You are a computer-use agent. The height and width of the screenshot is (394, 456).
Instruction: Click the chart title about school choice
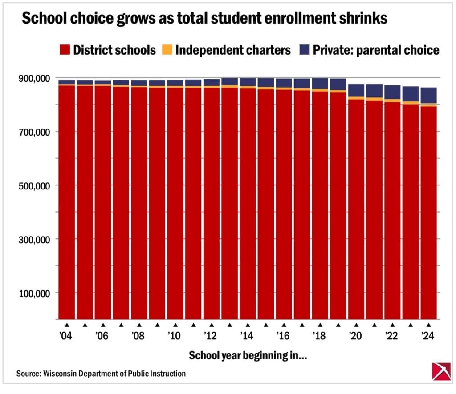click(205, 18)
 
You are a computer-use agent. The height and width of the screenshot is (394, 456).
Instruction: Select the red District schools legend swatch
click(65, 50)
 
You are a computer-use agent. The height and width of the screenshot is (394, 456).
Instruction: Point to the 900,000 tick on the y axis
click(34, 79)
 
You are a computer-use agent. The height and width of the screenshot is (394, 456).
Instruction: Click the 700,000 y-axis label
click(34, 132)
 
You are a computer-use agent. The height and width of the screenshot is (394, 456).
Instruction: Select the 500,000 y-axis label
click(34, 186)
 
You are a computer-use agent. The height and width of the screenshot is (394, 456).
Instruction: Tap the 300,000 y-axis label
click(34, 240)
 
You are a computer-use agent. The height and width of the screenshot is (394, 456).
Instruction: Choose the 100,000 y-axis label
click(34, 293)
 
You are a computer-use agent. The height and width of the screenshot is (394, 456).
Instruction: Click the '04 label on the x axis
click(66, 335)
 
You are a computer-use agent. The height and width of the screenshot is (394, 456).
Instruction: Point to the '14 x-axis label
click(247, 335)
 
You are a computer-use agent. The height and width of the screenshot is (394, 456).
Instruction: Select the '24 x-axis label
click(428, 335)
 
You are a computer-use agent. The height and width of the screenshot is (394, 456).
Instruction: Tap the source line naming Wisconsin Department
click(101, 374)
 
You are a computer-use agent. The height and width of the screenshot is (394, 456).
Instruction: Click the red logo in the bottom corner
click(441, 372)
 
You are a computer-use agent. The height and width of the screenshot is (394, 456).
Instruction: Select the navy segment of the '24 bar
click(428, 95)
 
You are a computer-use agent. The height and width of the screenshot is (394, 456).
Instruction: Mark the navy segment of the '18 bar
click(320, 84)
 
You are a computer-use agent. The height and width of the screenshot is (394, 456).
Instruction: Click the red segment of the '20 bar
click(356, 209)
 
